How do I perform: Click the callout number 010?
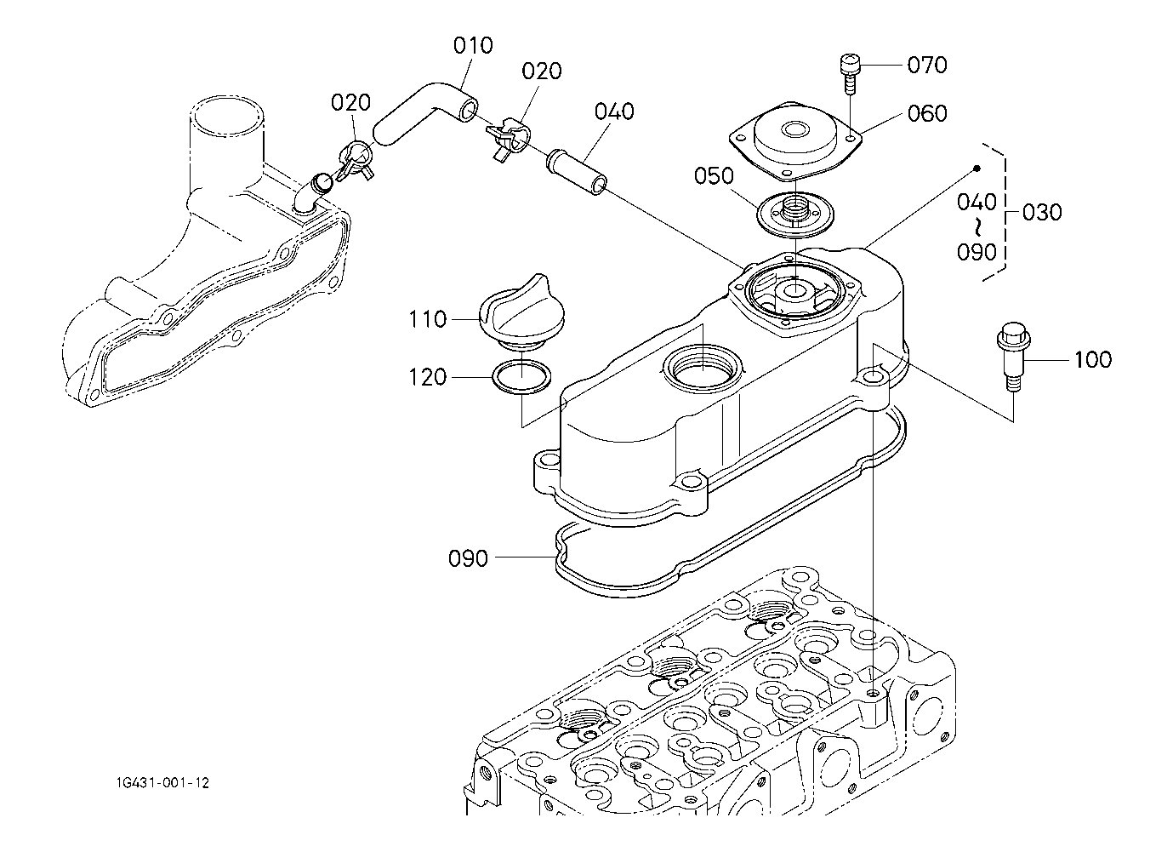(473, 46)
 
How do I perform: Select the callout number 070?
(927, 65)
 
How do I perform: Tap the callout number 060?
(927, 113)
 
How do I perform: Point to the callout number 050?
(714, 175)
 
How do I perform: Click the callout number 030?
(1042, 212)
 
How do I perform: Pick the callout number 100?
(1093, 360)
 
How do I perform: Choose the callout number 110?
(427, 319)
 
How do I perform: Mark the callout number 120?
(427, 377)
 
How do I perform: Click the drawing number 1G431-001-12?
(162, 783)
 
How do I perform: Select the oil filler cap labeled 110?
(521, 312)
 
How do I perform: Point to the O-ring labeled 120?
(521, 376)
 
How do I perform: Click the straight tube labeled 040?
(577, 173)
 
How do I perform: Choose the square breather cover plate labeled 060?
(795, 141)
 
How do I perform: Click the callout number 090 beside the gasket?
(468, 558)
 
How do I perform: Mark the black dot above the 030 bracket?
(977, 169)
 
